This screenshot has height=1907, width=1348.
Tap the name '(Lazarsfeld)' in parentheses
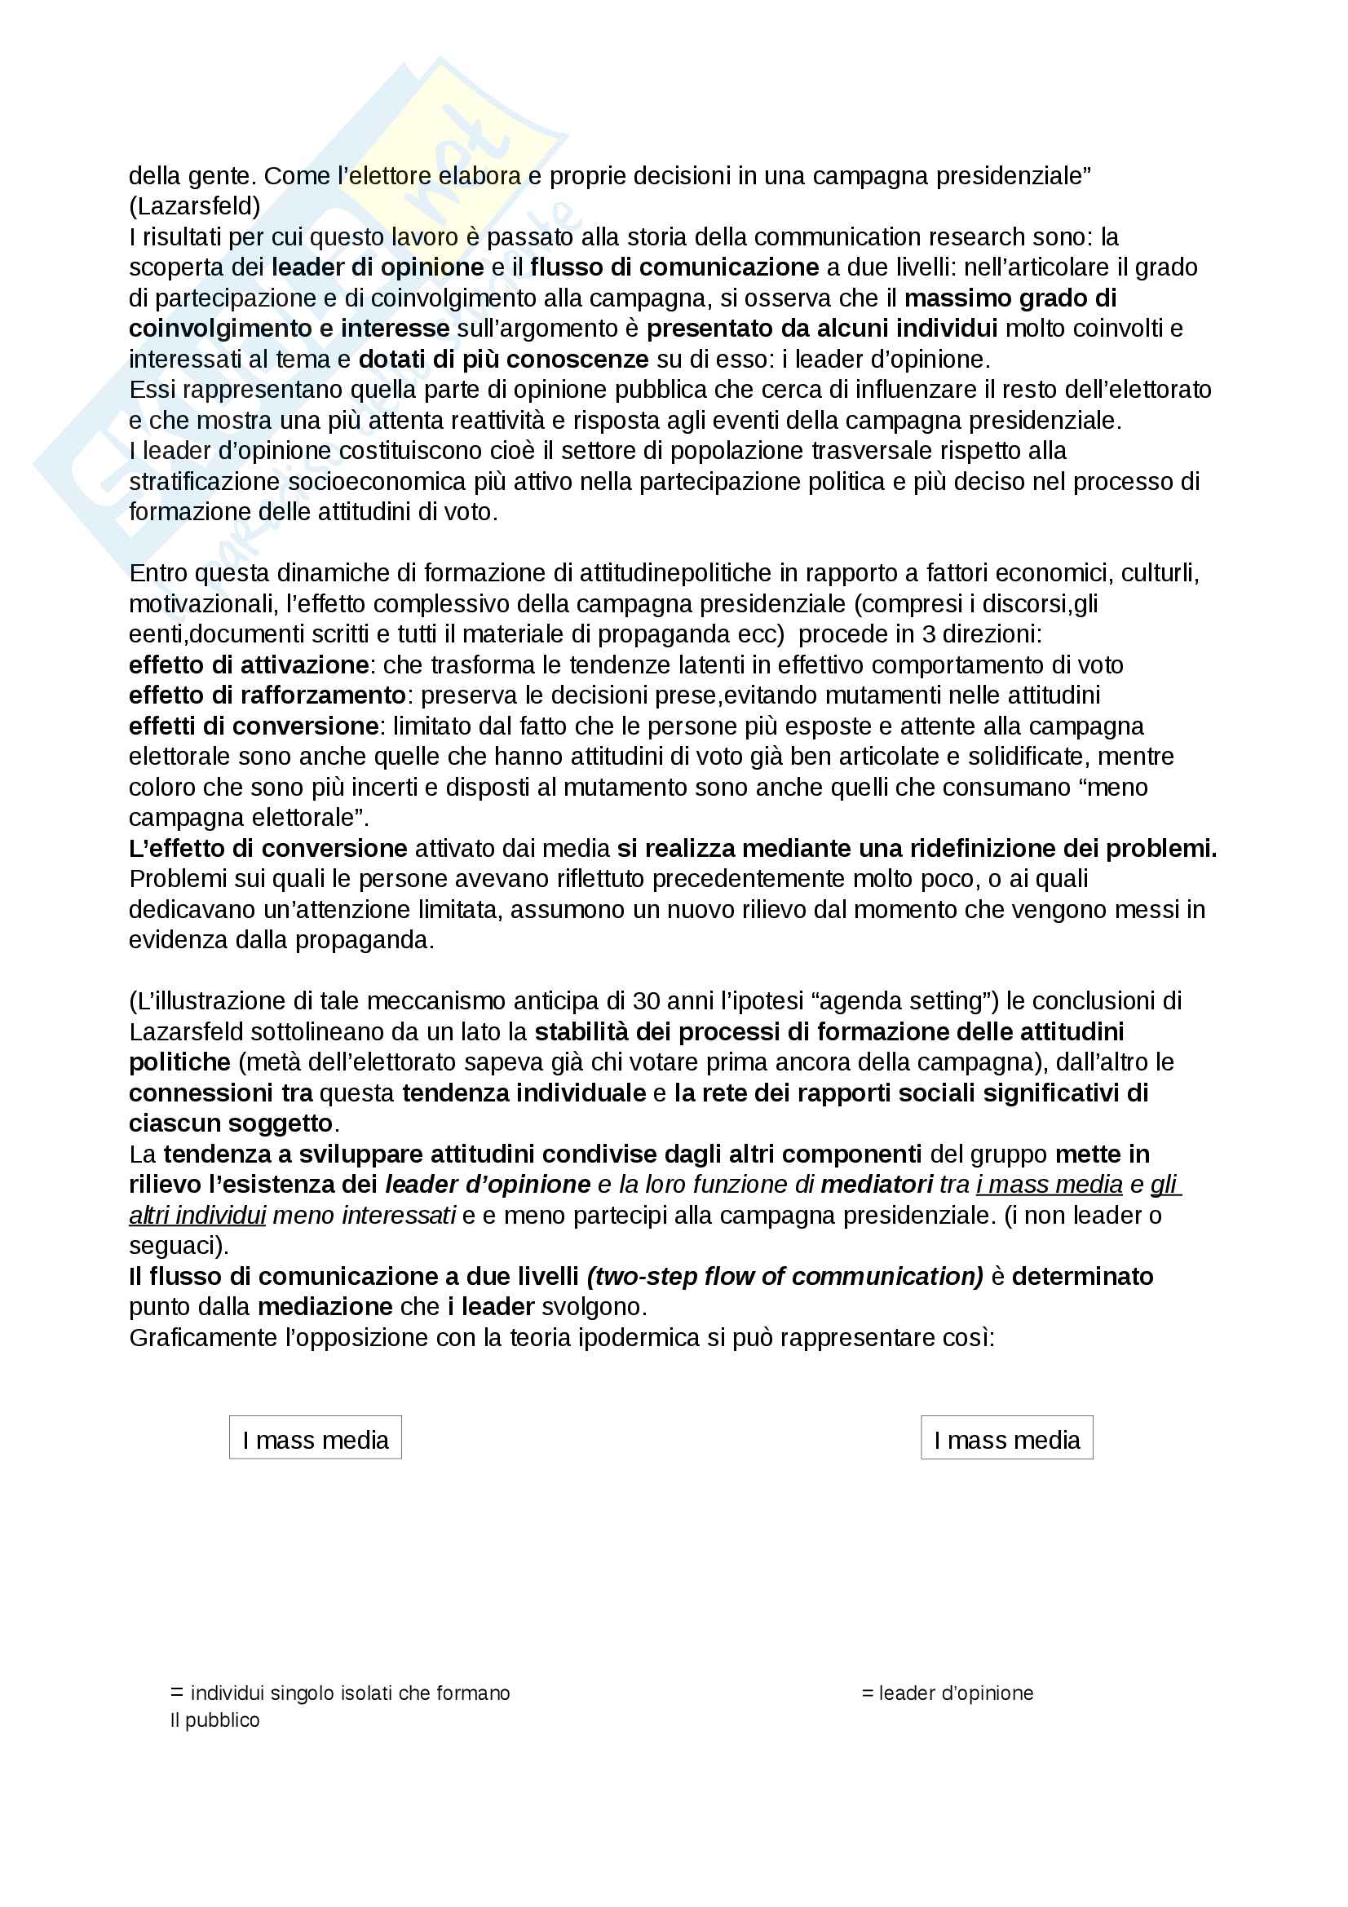coord(194,206)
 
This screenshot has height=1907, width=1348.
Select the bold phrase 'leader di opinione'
coord(378,267)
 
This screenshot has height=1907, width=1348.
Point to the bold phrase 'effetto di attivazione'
coord(249,665)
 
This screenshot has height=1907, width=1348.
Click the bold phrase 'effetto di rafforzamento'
coord(267,695)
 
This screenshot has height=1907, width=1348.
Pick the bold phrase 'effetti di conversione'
coord(254,726)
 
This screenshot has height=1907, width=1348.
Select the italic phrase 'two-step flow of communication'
coord(784,1277)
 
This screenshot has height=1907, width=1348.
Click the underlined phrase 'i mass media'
coord(1049,1185)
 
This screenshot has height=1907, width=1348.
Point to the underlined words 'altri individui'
coord(197,1215)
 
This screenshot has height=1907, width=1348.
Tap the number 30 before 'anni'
coord(646,1001)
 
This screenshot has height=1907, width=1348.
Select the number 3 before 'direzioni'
coord(928,634)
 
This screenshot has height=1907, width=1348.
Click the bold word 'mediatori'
coord(877,1185)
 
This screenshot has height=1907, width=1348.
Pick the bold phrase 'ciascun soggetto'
coord(231,1123)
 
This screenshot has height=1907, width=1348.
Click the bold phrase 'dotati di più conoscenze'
coord(503,360)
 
